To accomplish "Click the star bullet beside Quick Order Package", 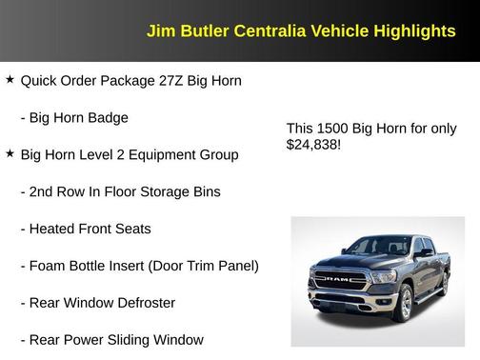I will point(10,81).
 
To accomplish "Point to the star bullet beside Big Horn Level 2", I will point(10,154).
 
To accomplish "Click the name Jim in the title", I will point(159,31).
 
